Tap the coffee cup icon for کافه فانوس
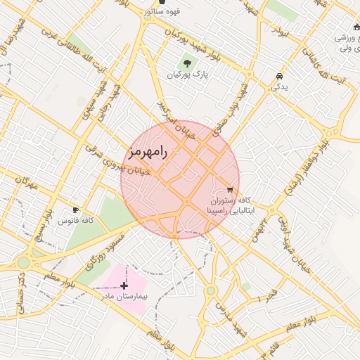click(76, 210)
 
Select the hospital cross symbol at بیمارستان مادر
click(124, 285)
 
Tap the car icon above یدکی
click(280, 76)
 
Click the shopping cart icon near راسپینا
click(230, 189)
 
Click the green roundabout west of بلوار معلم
click(24, 262)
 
